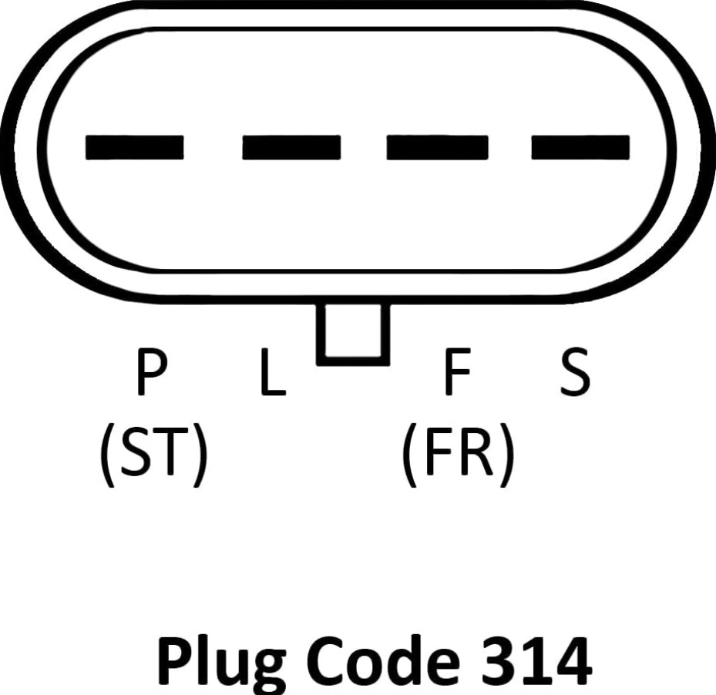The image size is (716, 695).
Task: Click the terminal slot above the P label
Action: coord(134,146)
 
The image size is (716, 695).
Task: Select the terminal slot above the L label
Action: coord(291,146)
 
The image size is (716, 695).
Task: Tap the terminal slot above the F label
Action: coord(437,146)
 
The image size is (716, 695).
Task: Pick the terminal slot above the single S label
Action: coord(580,146)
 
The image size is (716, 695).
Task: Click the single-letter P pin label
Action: coord(150,372)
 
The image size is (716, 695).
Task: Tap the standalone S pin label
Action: coord(574,372)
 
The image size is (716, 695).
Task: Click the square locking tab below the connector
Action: coord(353,333)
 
